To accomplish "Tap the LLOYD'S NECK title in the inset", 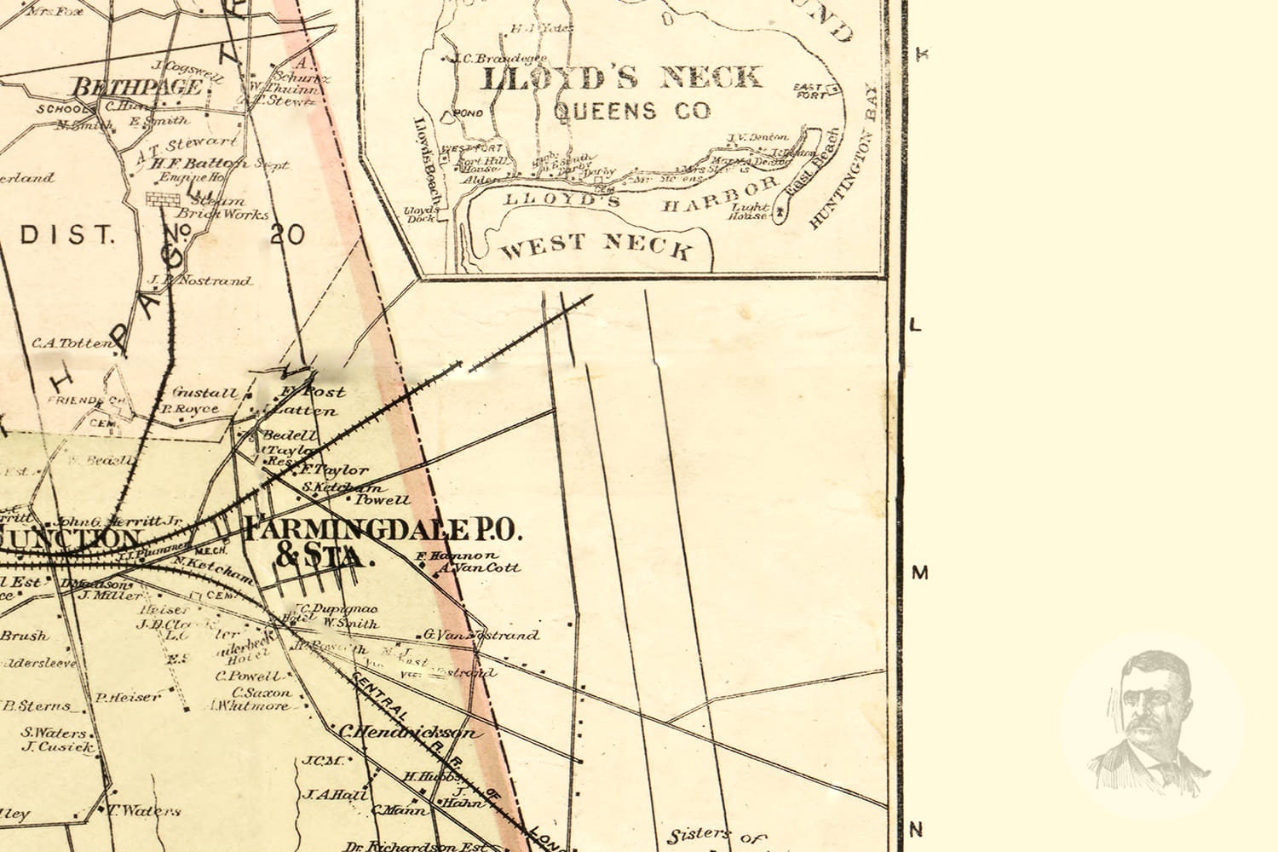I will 621,78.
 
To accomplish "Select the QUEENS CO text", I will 631,111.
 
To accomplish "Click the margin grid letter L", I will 917,325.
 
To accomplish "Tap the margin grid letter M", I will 919,573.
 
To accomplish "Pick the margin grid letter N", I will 918,828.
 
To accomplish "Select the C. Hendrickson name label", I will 406,732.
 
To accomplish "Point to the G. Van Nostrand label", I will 481,635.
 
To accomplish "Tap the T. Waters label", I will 146,811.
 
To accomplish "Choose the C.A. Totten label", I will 72,343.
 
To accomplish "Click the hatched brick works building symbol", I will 159,199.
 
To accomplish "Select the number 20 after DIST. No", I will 287,234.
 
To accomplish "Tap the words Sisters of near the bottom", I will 706,838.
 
